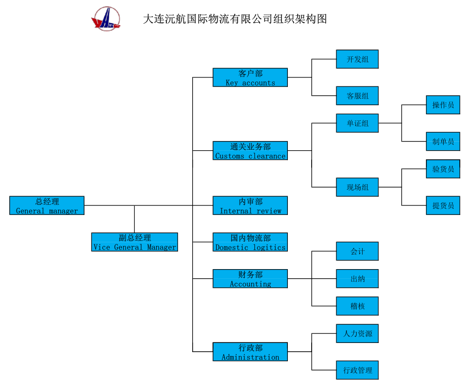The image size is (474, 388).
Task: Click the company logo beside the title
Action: (106, 19)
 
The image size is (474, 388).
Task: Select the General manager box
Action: (47, 205)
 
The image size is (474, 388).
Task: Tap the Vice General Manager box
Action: (135, 242)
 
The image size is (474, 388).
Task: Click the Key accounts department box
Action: (250, 77)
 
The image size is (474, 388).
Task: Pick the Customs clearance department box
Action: (250, 151)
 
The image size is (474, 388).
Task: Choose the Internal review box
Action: (250, 205)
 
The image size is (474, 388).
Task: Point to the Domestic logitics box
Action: (250, 242)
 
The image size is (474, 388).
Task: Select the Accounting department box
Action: (250, 279)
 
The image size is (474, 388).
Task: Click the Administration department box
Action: (250, 352)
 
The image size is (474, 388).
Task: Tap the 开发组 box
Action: (357, 59)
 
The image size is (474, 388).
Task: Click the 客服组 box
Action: (357, 96)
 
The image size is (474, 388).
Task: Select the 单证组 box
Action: (357, 123)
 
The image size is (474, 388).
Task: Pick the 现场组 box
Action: (357, 187)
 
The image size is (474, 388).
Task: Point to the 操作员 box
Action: (443, 105)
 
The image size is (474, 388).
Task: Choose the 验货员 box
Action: (443, 169)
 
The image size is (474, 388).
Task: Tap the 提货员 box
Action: (443, 205)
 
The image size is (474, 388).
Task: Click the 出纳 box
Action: (357, 279)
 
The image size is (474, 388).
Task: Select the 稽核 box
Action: (357, 306)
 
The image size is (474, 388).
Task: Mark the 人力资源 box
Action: (357, 333)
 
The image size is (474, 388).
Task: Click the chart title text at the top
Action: (235, 19)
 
